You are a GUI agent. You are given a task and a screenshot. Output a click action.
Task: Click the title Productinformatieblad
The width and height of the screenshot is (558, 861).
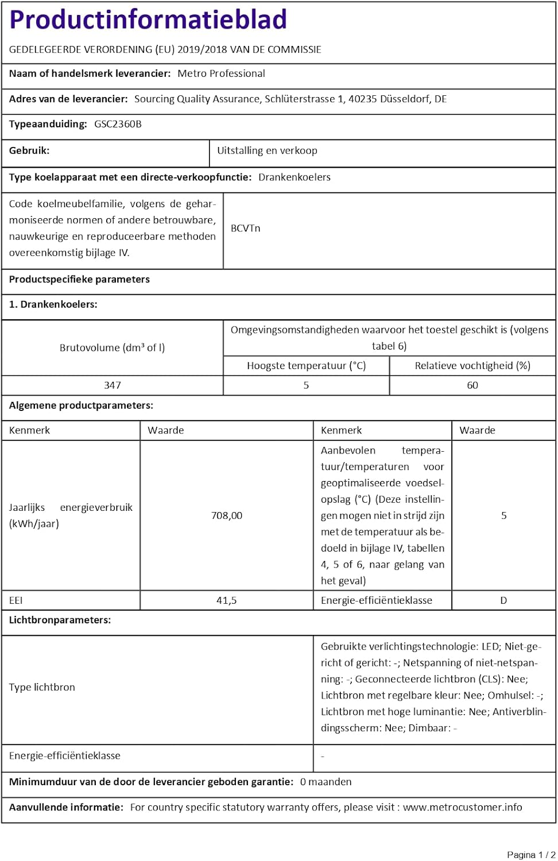[148, 20]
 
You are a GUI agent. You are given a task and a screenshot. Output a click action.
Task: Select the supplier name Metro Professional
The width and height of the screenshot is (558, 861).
[221, 73]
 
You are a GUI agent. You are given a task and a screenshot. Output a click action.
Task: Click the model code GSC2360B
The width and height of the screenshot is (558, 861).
[118, 124]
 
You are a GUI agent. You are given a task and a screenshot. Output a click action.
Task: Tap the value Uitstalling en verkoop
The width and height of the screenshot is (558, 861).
[267, 150]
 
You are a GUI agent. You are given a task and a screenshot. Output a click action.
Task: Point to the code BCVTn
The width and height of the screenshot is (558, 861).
[245, 228]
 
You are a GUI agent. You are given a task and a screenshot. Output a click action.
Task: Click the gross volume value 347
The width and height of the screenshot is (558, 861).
[113, 385]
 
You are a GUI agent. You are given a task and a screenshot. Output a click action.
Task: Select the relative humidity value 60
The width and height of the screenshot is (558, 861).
[472, 385]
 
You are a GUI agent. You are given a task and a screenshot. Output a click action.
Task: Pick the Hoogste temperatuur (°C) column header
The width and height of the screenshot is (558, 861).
[306, 366]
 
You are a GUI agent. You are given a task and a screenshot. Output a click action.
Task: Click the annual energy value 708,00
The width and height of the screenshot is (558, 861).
[227, 515]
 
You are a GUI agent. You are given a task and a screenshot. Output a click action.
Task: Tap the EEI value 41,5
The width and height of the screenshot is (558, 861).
[227, 600]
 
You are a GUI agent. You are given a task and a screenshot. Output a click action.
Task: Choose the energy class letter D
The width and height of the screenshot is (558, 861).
[503, 600]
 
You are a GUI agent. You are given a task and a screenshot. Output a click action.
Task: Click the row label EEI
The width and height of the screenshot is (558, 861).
[16, 600]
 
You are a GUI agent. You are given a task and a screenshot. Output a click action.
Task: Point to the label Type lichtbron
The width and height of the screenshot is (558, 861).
[42, 687]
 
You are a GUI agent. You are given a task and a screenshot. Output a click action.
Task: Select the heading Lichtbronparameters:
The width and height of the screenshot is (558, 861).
[60, 620]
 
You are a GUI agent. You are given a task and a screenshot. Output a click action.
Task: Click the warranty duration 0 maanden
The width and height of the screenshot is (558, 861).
[325, 782]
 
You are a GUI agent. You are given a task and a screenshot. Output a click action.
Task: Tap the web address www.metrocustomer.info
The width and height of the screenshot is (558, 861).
[462, 807]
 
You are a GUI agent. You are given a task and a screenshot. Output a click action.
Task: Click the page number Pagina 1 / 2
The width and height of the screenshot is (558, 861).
[531, 855]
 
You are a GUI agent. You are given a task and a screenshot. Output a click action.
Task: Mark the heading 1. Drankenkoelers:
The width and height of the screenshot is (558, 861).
[53, 304]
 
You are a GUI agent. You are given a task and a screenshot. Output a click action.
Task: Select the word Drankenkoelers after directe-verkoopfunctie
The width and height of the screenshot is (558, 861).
[294, 177]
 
